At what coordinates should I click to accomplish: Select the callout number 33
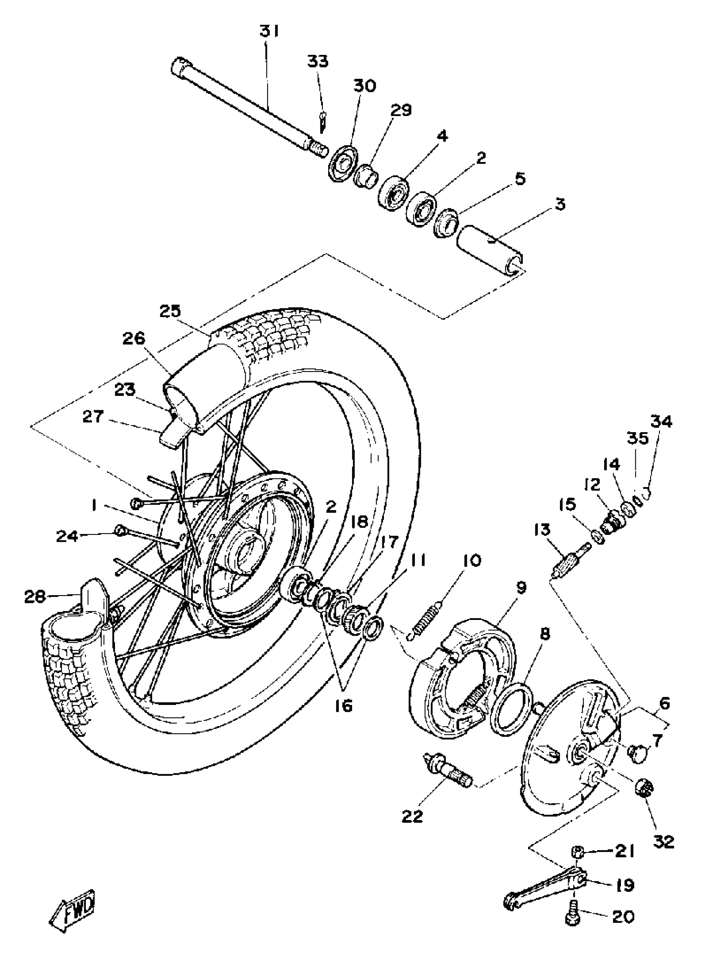tap(318, 61)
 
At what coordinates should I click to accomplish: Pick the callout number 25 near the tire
tap(170, 311)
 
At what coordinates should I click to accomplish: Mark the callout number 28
tap(34, 596)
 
